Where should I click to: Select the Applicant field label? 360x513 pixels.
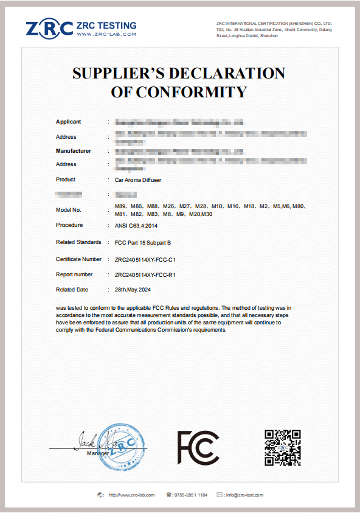(x=68, y=122)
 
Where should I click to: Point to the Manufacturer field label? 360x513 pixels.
(x=74, y=150)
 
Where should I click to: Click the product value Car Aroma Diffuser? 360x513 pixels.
(x=138, y=180)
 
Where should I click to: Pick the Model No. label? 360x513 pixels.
(x=69, y=210)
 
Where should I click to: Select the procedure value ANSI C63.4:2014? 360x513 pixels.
(x=140, y=225)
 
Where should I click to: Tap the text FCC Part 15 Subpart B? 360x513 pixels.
(x=143, y=242)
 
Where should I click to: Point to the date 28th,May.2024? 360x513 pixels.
(x=133, y=290)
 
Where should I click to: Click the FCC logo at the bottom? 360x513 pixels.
(x=198, y=447)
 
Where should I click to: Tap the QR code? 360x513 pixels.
(x=283, y=447)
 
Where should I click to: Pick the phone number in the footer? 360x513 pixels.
(x=190, y=495)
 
